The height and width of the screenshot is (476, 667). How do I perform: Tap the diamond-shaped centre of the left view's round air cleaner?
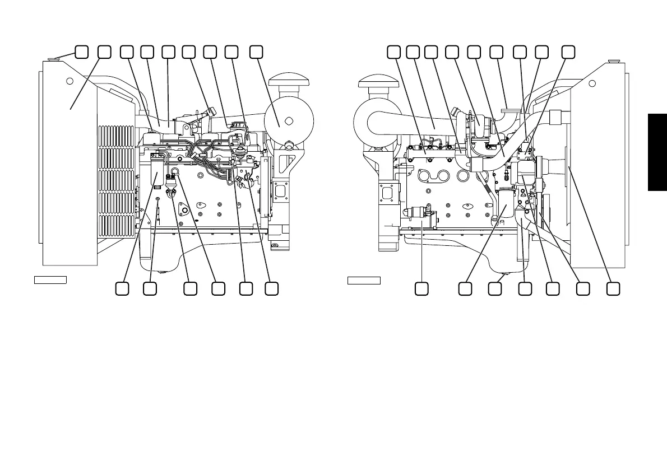point(288,121)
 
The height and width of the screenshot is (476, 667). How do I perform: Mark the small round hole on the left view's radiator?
point(70,81)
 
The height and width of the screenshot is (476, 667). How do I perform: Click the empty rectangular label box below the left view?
point(50,279)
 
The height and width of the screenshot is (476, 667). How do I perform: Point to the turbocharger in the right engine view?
point(476,121)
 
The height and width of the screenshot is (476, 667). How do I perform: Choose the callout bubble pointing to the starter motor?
point(421,288)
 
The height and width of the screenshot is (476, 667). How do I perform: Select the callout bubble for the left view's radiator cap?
point(81,52)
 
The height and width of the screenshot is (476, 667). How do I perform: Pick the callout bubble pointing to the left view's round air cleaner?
point(256,52)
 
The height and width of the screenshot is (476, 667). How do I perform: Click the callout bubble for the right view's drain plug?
point(494,288)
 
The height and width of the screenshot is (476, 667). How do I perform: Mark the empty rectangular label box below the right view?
point(364,279)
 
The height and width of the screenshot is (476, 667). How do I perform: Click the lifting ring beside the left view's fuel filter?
point(174,173)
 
